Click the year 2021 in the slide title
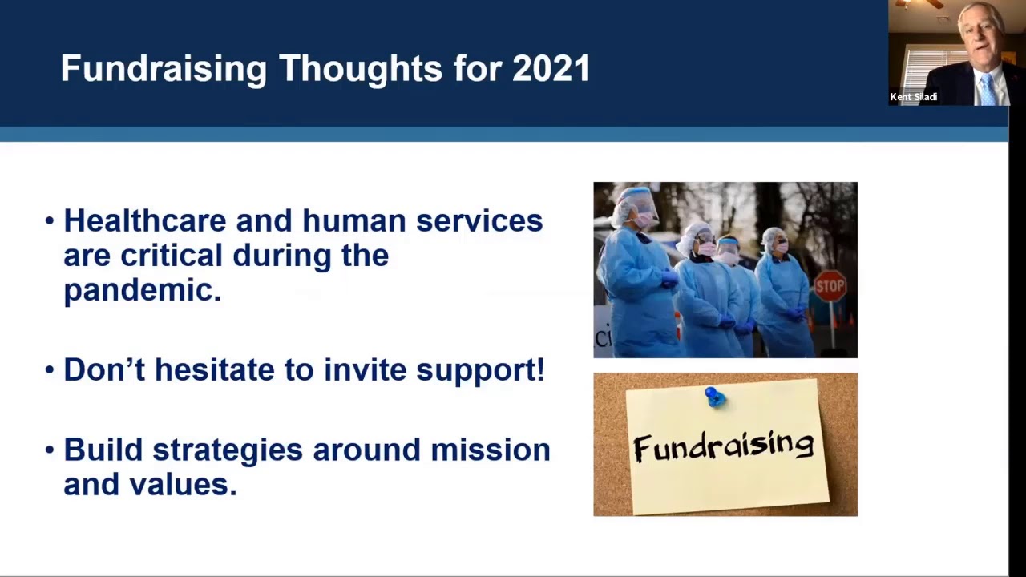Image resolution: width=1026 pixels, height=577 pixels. pyautogui.click(x=551, y=69)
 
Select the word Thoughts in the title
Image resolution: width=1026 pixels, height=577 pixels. pyautogui.click(x=361, y=70)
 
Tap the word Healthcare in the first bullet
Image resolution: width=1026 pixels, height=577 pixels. pyautogui.click(x=145, y=220)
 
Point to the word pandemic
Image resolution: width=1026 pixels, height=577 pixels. pyautogui.click(x=143, y=291)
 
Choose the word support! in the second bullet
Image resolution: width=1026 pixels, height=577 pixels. pyautogui.click(x=480, y=370)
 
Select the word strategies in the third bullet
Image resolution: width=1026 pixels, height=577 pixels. pyautogui.click(x=228, y=450)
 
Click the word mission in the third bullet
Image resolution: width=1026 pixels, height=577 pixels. pyautogui.click(x=491, y=450)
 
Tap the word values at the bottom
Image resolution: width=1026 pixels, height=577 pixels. pyautogui.click(x=182, y=485)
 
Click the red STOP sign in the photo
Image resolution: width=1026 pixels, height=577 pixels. pyautogui.click(x=830, y=286)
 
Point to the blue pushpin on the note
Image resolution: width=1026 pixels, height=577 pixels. pyautogui.click(x=714, y=397)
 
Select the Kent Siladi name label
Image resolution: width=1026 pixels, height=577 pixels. pyautogui.click(x=913, y=97)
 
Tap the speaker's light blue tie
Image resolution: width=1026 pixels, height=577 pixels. pyautogui.click(x=988, y=89)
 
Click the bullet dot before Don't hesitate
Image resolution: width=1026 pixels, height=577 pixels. pyautogui.click(x=50, y=369)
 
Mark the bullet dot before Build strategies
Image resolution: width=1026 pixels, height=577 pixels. pyautogui.click(x=50, y=450)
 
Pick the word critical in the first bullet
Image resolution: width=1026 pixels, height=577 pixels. pyautogui.click(x=172, y=255)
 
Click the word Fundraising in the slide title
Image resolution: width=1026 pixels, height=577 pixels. pyautogui.click(x=164, y=70)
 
